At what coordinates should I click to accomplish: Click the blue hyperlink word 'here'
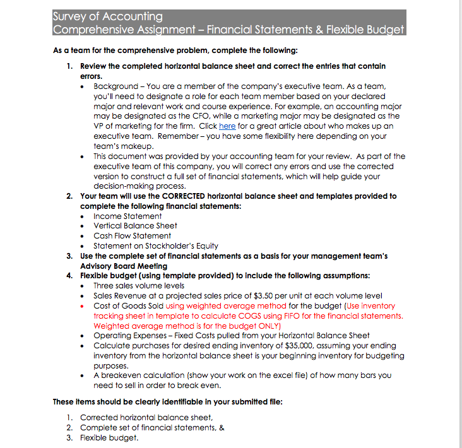(x=227, y=126)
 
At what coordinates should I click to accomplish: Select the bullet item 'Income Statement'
(x=127, y=216)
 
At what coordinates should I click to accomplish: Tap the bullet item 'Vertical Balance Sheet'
(x=135, y=225)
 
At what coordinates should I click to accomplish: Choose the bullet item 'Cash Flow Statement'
(x=132, y=235)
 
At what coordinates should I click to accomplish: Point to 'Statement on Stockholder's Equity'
(x=156, y=245)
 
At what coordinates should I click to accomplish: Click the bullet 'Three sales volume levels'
(x=139, y=285)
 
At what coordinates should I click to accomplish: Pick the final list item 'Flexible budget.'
(x=109, y=437)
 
